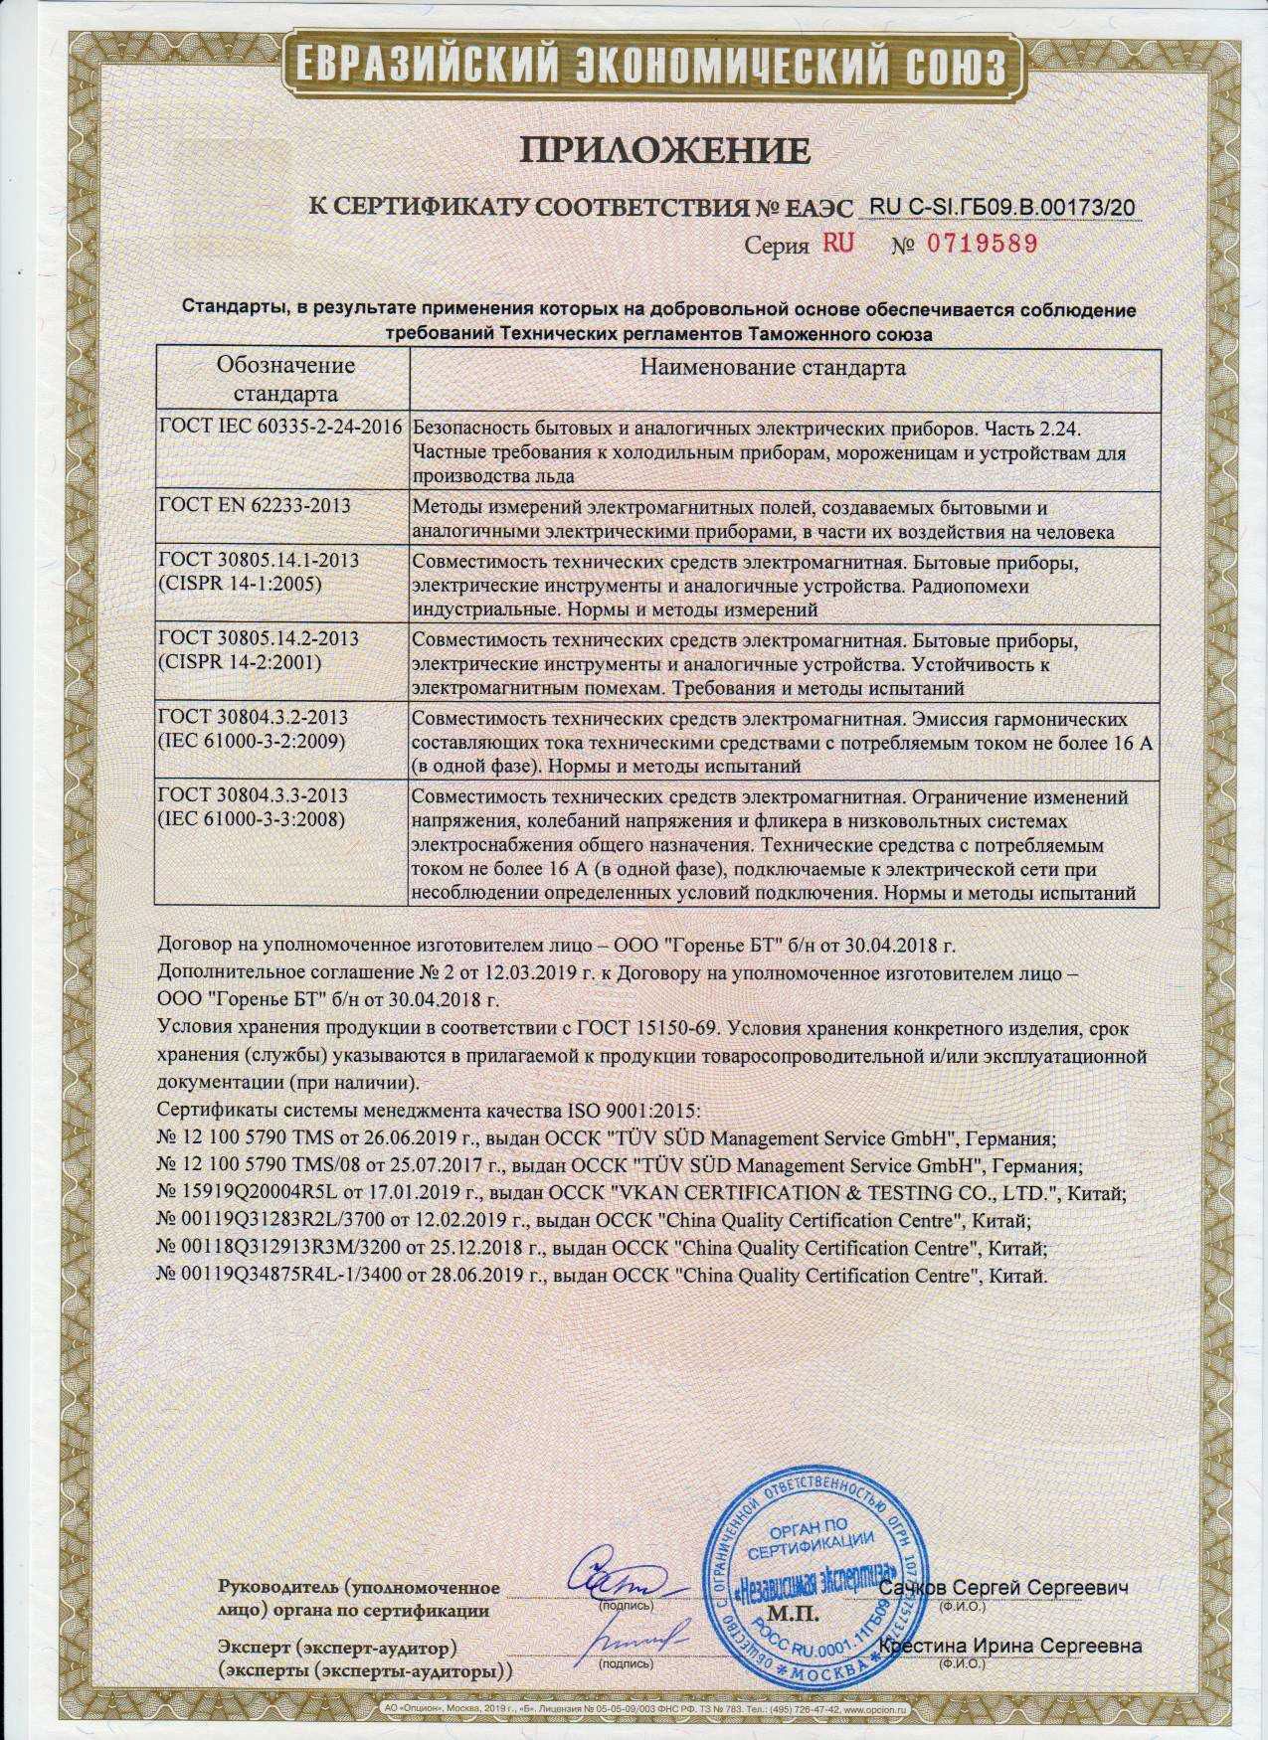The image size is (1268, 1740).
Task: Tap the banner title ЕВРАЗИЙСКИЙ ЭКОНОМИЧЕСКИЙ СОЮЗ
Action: click(x=636, y=66)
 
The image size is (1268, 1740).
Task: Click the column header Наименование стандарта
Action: click(x=773, y=368)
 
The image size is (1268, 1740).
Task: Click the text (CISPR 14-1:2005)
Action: click(x=240, y=586)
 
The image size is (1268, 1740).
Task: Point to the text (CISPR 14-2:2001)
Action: click(x=240, y=663)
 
